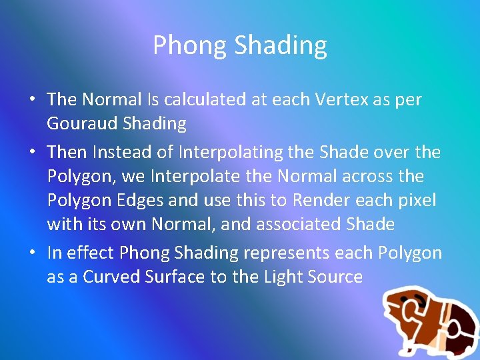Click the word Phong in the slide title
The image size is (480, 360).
coord(190,46)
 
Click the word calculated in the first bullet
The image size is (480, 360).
coord(210,99)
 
